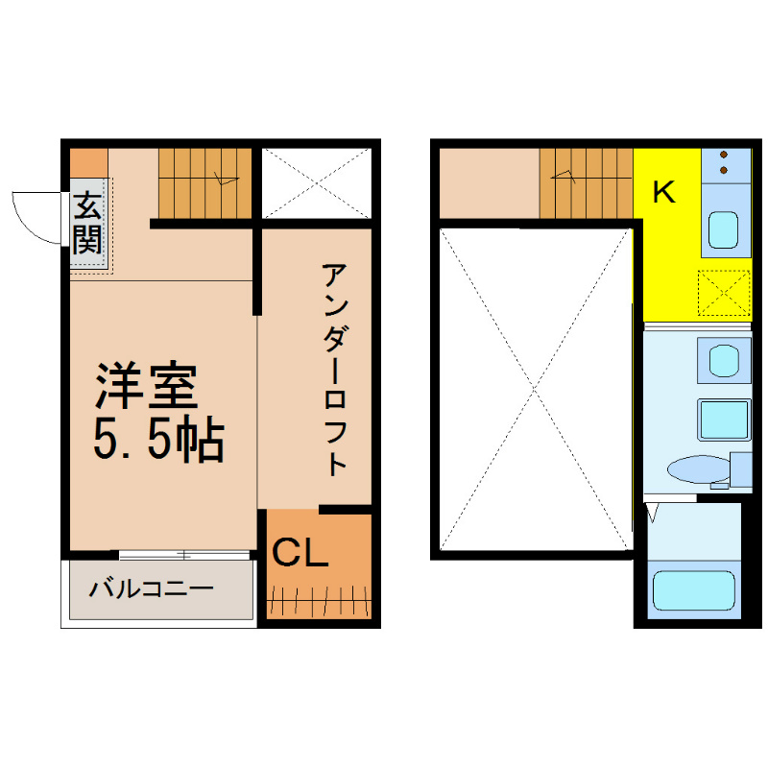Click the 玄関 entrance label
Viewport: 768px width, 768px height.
point(87,223)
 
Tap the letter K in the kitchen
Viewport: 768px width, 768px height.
point(663,191)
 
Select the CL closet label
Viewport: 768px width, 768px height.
point(300,553)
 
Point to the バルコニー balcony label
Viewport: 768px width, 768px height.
point(151,588)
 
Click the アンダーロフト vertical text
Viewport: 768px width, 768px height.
point(335,370)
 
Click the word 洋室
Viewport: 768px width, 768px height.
point(146,387)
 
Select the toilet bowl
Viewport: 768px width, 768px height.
point(699,469)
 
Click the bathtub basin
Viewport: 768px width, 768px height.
point(694,590)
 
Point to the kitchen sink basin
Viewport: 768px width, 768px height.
point(724,229)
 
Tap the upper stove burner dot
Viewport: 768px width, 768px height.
point(724,155)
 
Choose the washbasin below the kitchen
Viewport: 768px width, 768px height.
point(724,361)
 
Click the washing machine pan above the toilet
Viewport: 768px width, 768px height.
point(725,420)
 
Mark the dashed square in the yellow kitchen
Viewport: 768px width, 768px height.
point(724,293)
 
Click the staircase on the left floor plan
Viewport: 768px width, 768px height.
point(204,183)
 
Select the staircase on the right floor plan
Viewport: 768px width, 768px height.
point(587,183)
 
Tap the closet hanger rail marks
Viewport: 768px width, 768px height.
point(319,601)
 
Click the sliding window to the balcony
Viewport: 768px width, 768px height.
point(184,555)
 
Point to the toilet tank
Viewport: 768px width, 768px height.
point(740,469)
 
